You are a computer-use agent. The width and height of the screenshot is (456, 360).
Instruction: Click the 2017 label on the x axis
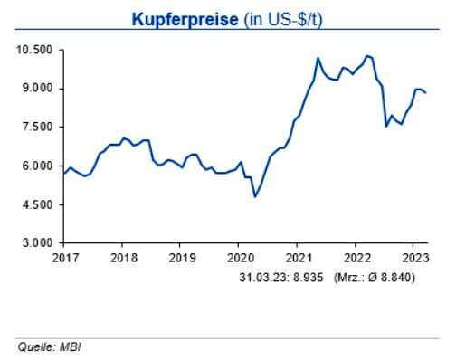[x=64, y=257]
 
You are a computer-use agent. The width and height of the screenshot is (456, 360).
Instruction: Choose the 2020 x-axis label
[x=239, y=257]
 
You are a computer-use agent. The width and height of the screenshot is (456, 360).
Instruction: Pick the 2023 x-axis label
[x=413, y=257]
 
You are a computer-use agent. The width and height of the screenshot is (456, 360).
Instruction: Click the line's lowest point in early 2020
[x=255, y=196]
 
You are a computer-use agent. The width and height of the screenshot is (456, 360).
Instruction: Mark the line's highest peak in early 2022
[x=366, y=55]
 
